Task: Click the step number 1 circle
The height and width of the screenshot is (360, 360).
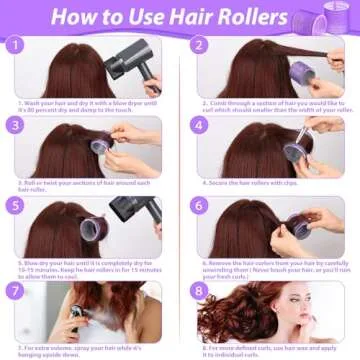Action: point(15,46)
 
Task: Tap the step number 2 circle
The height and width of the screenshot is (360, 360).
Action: point(199,46)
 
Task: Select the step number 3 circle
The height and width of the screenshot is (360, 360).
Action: point(15,126)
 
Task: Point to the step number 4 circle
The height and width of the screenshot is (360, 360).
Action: point(199,126)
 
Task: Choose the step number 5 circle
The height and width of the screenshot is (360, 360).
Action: point(15,206)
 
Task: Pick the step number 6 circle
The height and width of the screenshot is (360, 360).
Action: point(199,206)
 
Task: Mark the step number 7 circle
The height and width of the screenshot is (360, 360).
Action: point(15,290)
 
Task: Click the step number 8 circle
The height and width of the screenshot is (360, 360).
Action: point(199,290)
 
